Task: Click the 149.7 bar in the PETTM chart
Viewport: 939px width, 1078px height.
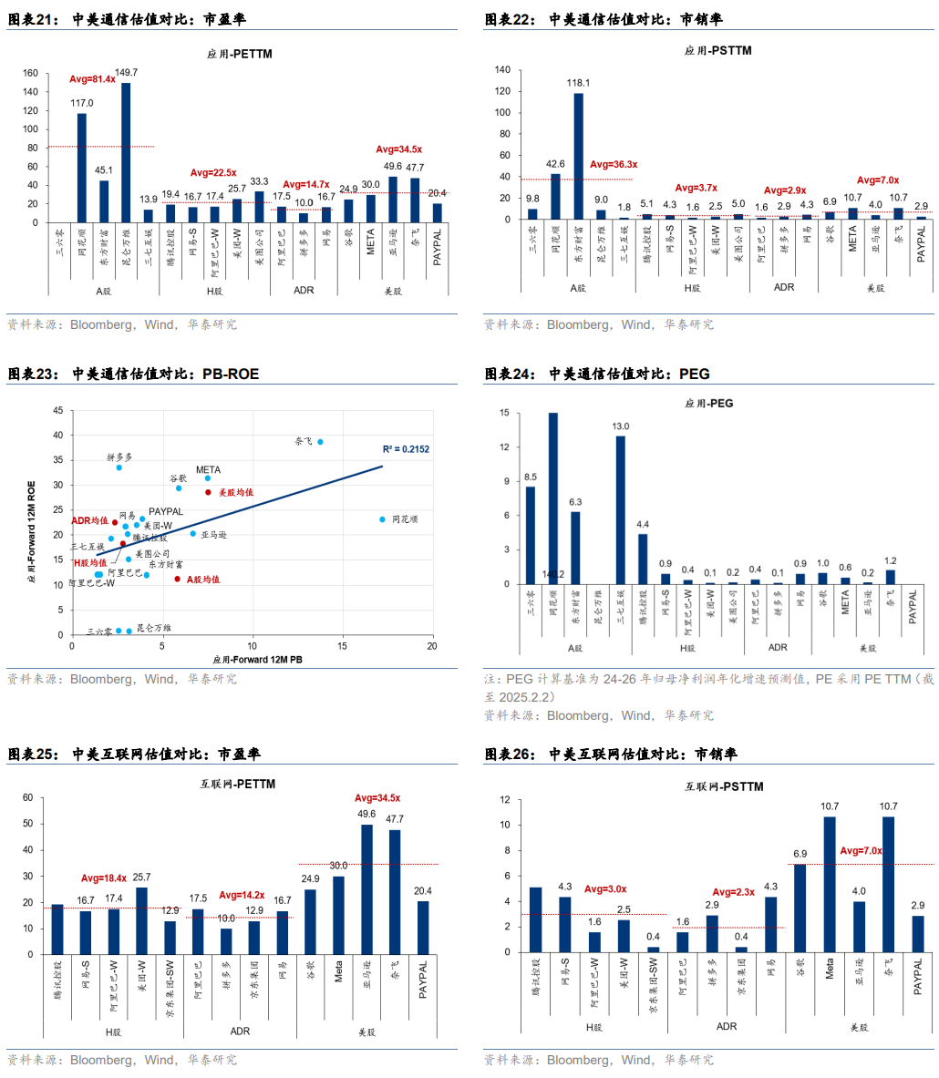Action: pyautogui.click(x=126, y=152)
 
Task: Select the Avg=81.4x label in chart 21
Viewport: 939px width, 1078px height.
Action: pyautogui.click(x=93, y=79)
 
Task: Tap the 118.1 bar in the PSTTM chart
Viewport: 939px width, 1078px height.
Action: pyautogui.click(x=579, y=156)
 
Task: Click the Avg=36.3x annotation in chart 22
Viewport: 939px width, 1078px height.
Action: pyautogui.click(x=614, y=164)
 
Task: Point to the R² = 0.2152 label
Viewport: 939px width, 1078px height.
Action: pyautogui.click(x=407, y=449)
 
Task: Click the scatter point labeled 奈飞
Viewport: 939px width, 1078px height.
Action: pyautogui.click(x=320, y=442)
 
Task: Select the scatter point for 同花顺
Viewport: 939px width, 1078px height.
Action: pyautogui.click(x=383, y=519)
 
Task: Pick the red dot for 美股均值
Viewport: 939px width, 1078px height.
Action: pyautogui.click(x=208, y=492)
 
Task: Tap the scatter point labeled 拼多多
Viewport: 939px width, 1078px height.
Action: pyautogui.click(x=119, y=467)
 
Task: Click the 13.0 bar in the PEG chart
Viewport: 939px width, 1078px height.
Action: pyautogui.click(x=621, y=510)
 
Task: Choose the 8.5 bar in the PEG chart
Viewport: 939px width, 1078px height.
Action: pyautogui.click(x=531, y=536)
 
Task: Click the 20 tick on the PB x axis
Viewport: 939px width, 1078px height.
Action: pyautogui.click(x=431, y=646)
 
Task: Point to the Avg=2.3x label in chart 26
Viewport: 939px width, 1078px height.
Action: pyautogui.click(x=734, y=892)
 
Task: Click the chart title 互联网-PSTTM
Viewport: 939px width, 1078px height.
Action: pyautogui.click(x=724, y=786)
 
